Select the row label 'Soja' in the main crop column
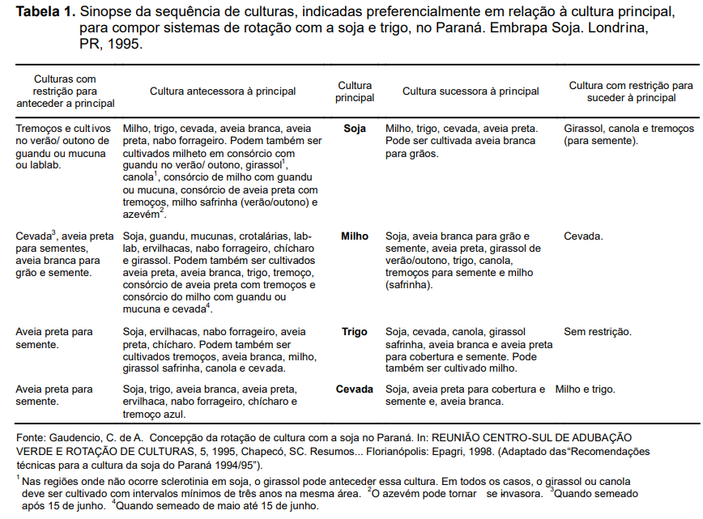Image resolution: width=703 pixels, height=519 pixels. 355,129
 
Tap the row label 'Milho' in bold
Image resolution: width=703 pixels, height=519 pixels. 355,236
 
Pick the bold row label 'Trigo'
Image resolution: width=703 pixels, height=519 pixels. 355,332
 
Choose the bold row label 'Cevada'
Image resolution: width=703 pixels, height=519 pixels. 355,389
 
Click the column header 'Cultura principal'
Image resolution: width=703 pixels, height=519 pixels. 355,91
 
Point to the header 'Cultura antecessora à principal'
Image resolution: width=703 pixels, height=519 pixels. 223,91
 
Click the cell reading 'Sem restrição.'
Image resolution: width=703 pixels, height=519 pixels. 598,332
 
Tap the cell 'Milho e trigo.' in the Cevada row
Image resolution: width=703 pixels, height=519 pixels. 586,389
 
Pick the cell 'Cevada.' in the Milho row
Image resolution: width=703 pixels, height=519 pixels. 583,236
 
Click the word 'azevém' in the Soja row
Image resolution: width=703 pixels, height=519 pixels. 140,214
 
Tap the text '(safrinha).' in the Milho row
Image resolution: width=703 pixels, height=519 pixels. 411,285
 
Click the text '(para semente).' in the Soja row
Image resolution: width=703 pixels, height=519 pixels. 600,141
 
